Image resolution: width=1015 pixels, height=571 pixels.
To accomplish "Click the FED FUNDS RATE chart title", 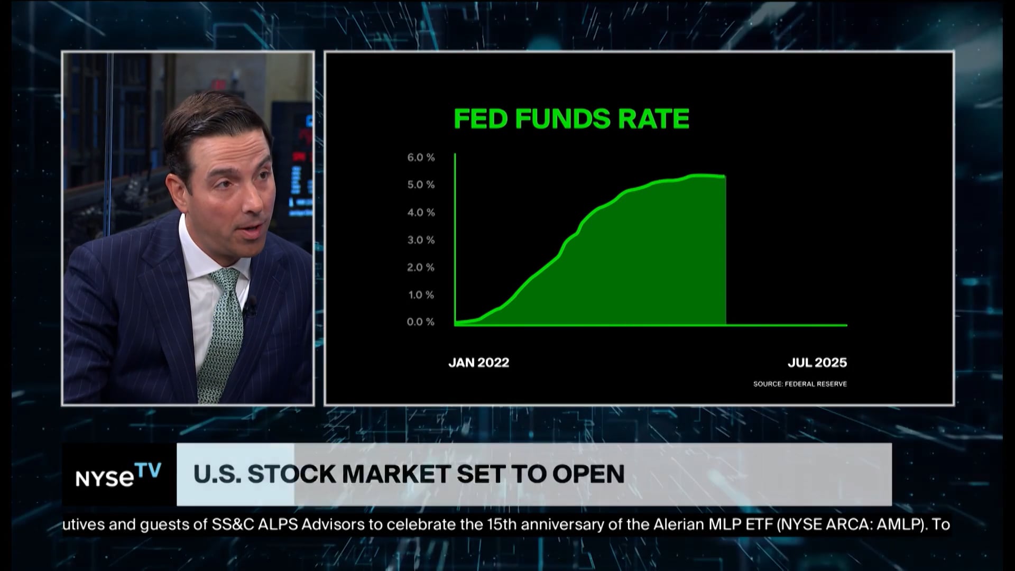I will coord(571,119).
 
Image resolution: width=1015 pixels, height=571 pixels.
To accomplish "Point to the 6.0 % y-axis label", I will coord(421,158).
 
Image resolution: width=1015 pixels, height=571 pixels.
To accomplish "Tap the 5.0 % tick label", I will coord(421,185).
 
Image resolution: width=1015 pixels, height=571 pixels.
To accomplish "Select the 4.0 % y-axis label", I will coord(421,213).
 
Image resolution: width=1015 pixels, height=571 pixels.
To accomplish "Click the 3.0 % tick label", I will coord(421,240).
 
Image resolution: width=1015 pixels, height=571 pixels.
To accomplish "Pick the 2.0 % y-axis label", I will coord(421,268).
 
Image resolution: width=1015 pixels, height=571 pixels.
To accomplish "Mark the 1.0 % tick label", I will coord(421,295).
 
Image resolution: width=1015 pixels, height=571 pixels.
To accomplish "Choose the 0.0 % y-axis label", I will coord(421,322).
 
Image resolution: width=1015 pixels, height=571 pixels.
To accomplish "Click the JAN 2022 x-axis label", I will coord(478,363).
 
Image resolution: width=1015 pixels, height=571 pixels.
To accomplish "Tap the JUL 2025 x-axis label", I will coord(817,363).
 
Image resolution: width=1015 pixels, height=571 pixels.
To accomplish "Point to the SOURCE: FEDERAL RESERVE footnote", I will coord(800,384).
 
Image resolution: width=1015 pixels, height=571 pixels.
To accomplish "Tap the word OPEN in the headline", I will coord(588,474).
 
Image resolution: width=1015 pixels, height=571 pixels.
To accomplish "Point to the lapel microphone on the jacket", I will coord(251,305).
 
